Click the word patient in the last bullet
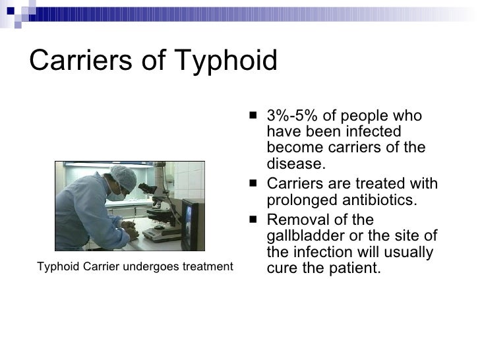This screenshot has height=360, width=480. tap(357, 268)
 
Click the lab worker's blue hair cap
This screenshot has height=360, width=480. tap(123, 177)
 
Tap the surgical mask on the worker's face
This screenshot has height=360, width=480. tap(118, 195)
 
